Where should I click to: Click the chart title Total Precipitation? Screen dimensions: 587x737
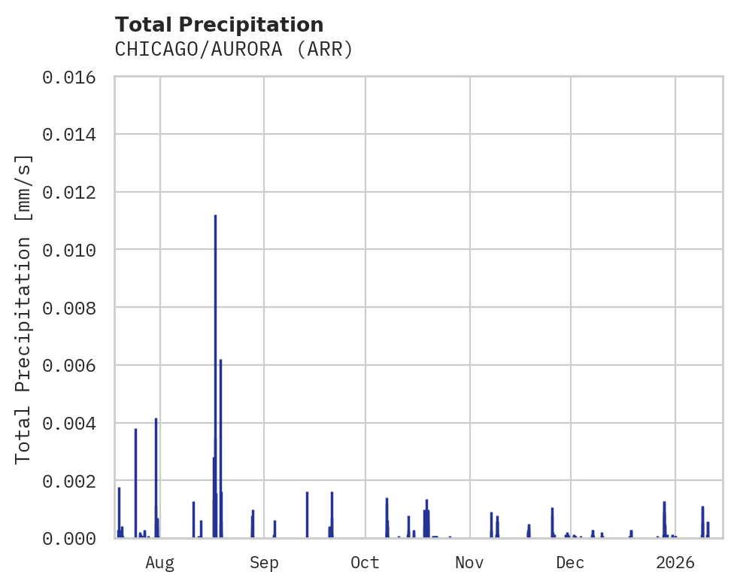pyautogui.click(x=219, y=25)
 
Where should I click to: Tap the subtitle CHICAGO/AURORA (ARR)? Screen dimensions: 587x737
pyautogui.click(x=234, y=50)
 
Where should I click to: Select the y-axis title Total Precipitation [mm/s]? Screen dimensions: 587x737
pyautogui.click(x=23, y=309)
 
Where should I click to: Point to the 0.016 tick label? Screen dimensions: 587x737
pyautogui.click(x=74, y=77)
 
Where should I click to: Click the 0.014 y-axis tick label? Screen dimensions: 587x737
pyautogui.click(x=74, y=135)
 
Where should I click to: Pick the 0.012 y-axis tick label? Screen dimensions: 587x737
pyautogui.click(x=74, y=193)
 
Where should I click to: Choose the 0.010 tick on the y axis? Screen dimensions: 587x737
pyautogui.click(x=74, y=250)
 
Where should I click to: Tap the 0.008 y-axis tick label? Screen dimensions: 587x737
pyautogui.click(x=74, y=308)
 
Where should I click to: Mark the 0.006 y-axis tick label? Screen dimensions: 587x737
pyautogui.click(x=74, y=365)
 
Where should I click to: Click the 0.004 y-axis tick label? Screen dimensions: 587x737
pyautogui.click(x=74, y=423)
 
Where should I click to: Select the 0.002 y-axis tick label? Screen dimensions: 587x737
pyautogui.click(x=74, y=480)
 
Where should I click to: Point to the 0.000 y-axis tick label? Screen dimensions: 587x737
pyautogui.click(x=74, y=538)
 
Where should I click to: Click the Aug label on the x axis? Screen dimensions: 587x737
pyautogui.click(x=160, y=562)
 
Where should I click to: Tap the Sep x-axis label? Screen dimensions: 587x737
pyautogui.click(x=264, y=562)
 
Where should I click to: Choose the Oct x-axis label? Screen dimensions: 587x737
pyautogui.click(x=365, y=562)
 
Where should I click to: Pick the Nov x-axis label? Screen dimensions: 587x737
pyautogui.click(x=469, y=562)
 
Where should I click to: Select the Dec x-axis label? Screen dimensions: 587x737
pyautogui.click(x=570, y=562)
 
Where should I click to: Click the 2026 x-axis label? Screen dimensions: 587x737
pyautogui.click(x=675, y=562)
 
